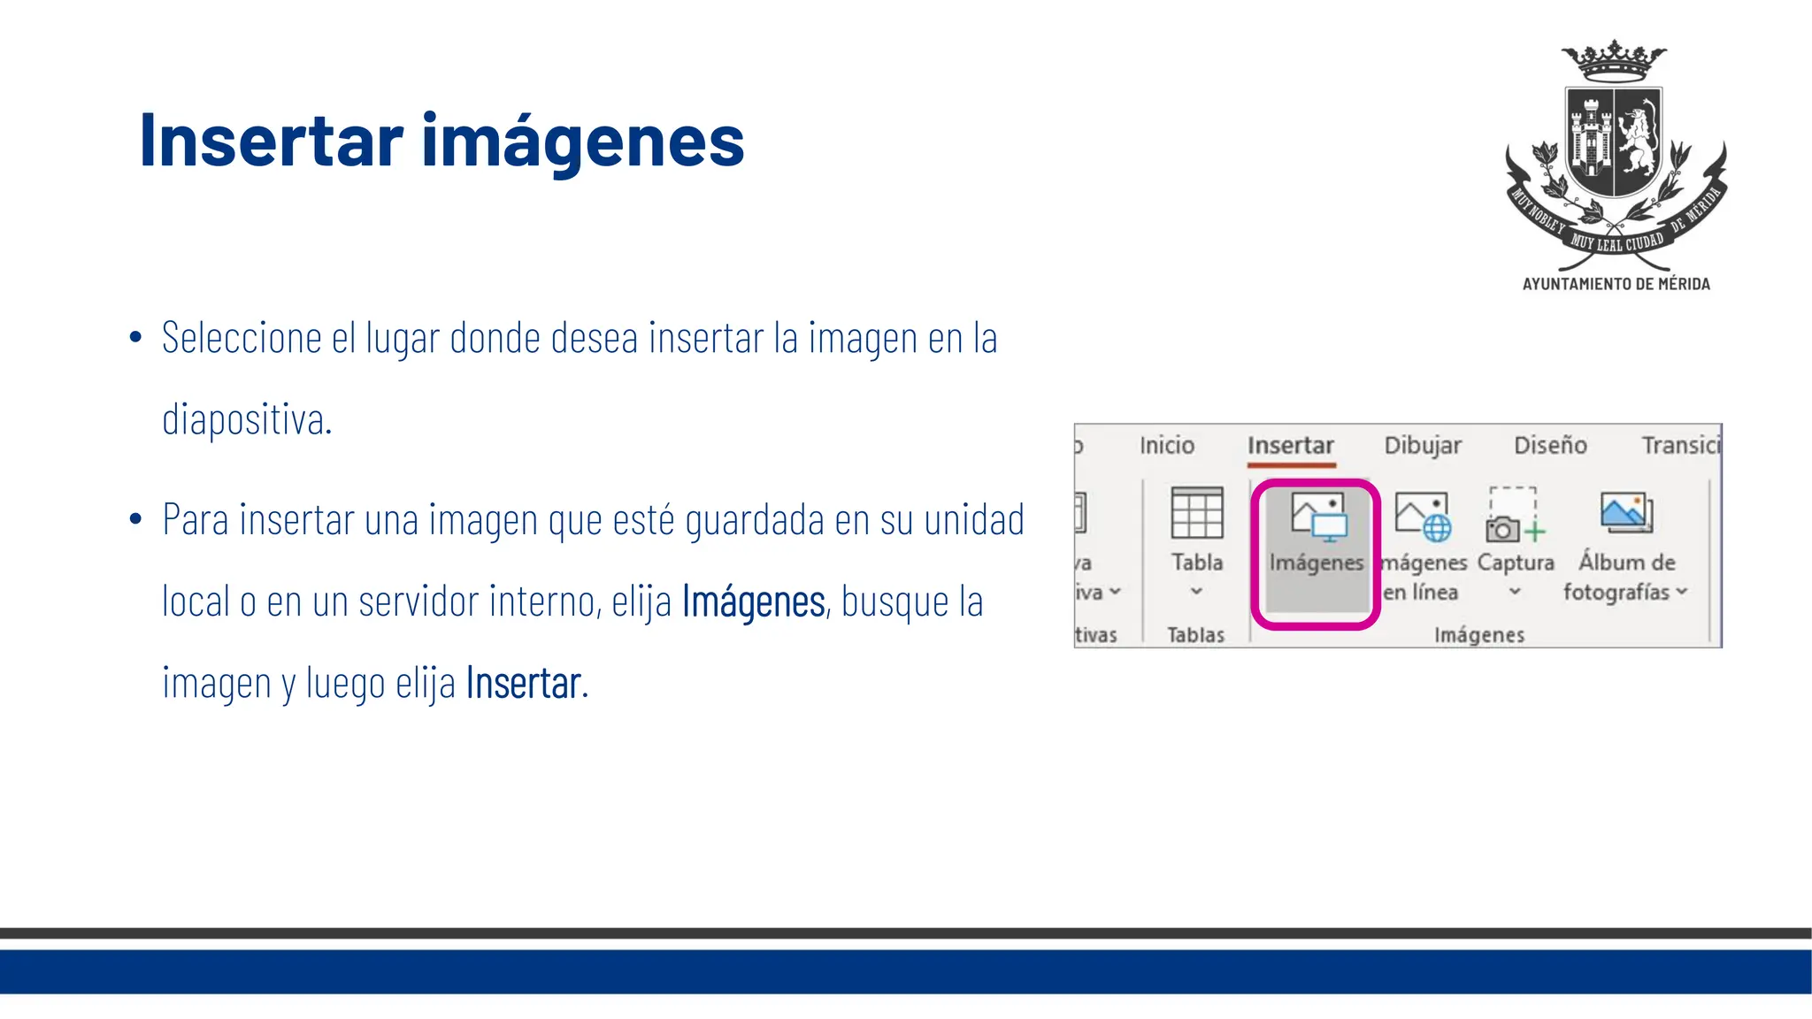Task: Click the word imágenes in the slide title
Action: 582,142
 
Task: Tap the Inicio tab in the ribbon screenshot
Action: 1166,445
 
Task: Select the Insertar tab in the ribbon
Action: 1290,445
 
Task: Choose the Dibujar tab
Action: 1422,445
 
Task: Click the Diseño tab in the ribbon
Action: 1549,445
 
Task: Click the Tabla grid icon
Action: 1196,513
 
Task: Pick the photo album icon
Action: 1626,513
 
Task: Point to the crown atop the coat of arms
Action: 1614,62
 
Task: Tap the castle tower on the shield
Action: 1590,139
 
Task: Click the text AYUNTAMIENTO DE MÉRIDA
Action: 1616,284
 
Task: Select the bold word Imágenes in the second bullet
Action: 753,602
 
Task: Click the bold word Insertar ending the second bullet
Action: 524,684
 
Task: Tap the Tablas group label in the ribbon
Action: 1195,634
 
